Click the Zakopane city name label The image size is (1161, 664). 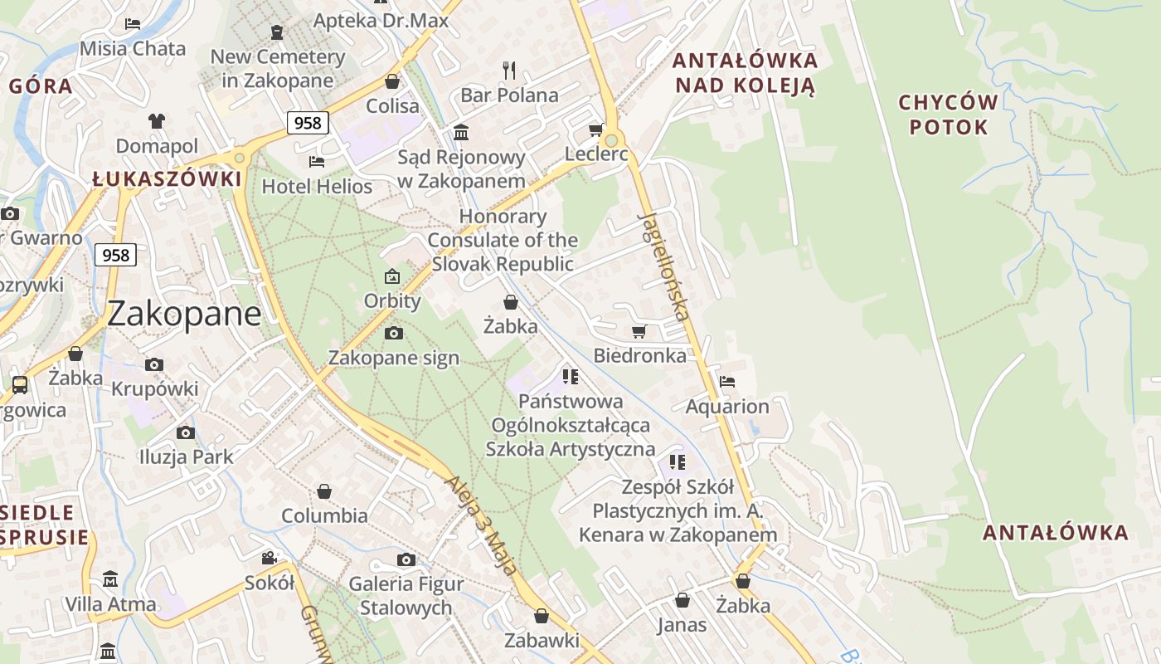point(183,314)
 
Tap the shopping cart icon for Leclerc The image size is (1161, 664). point(595,130)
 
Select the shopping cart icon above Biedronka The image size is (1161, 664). point(639,332)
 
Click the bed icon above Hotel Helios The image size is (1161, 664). point(316,161)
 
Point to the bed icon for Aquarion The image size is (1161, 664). point(727,382)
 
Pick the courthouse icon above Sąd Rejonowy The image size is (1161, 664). point(460,133)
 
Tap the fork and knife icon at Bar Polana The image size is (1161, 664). point(509,71)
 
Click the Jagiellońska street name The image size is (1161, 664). point(664,266)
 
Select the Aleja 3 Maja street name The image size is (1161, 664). point(482,525)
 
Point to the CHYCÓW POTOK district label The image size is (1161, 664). point(949,115)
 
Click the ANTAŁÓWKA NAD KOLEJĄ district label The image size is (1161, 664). point(745,72)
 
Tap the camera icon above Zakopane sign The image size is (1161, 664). point(394,334)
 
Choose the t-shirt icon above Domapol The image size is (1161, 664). point(157,121)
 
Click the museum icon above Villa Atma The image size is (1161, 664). point(110,579)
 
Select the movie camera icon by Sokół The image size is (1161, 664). point(269,558)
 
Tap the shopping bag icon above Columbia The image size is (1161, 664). point(324,491)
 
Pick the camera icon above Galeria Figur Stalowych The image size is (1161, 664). point(406,560)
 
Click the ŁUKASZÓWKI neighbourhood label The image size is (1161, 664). point(167,179)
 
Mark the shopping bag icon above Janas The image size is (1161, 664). point(682,599)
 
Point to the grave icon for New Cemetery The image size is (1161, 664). point(277,32)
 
